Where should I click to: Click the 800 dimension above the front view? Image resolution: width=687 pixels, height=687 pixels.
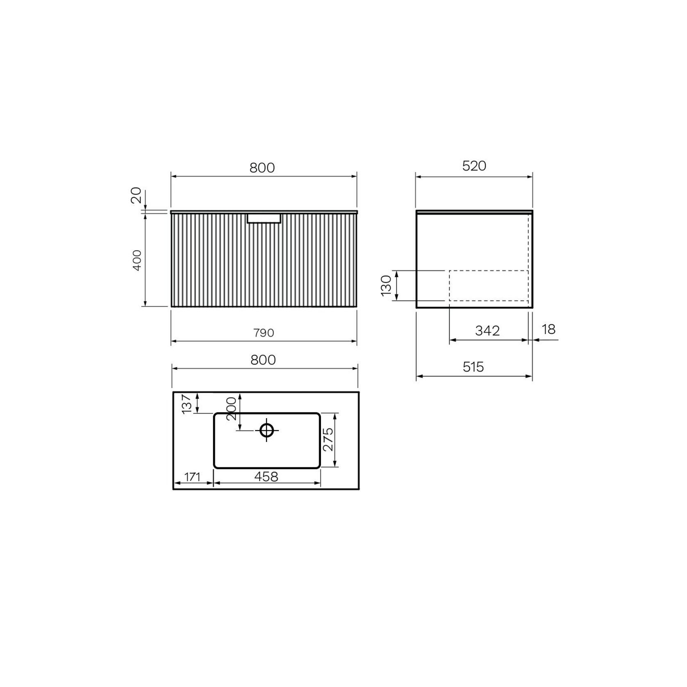pyautogui.click(x=262, y=168)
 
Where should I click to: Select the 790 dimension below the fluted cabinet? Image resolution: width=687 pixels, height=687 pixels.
pyautogui.click(x=263, y=333)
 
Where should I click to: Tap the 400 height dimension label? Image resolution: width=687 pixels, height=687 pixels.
pyautogui.click(x=137, y=260)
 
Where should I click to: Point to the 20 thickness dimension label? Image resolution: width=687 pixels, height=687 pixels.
pyautogui.click(x=136, y=195)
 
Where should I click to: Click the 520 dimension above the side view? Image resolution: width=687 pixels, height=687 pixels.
pyautogui.click(x=474, y=166)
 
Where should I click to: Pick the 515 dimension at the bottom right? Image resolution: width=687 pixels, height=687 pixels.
pyautogui.click(x=473, y=367)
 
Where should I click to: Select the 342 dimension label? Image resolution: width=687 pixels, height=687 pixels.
pyautogui.click(x=487, y=331)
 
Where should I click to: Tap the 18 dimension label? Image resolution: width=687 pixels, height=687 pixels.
pyautogui.click(x=548, y=329)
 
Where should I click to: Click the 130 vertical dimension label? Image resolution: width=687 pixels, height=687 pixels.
pyautogui.click(x=386, y=286)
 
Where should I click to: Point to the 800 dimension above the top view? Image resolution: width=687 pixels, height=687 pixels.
pyautogui.click(x=263, y=360)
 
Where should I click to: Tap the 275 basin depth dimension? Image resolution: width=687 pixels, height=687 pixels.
pyautogui.click(x=328, y=439)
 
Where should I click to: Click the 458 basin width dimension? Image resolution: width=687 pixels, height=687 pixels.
pyautogui.click(x=266, y=477)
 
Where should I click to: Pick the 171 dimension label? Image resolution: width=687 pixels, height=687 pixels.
pyautogui.click(x=192, y=477)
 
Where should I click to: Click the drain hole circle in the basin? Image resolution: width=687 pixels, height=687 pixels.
pyautogui.click(x=267, y=430)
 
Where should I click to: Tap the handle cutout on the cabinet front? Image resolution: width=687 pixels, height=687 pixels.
pyautogui.click(x=264, y=218)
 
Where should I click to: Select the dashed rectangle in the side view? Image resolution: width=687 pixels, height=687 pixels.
pyautogui.click(x=489, y=286)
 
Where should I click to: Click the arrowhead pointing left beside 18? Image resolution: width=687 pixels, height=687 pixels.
pyautogui.click(x=536, y=340)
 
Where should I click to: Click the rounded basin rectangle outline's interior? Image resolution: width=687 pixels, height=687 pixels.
pyautogui.click(x=287, y=451)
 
